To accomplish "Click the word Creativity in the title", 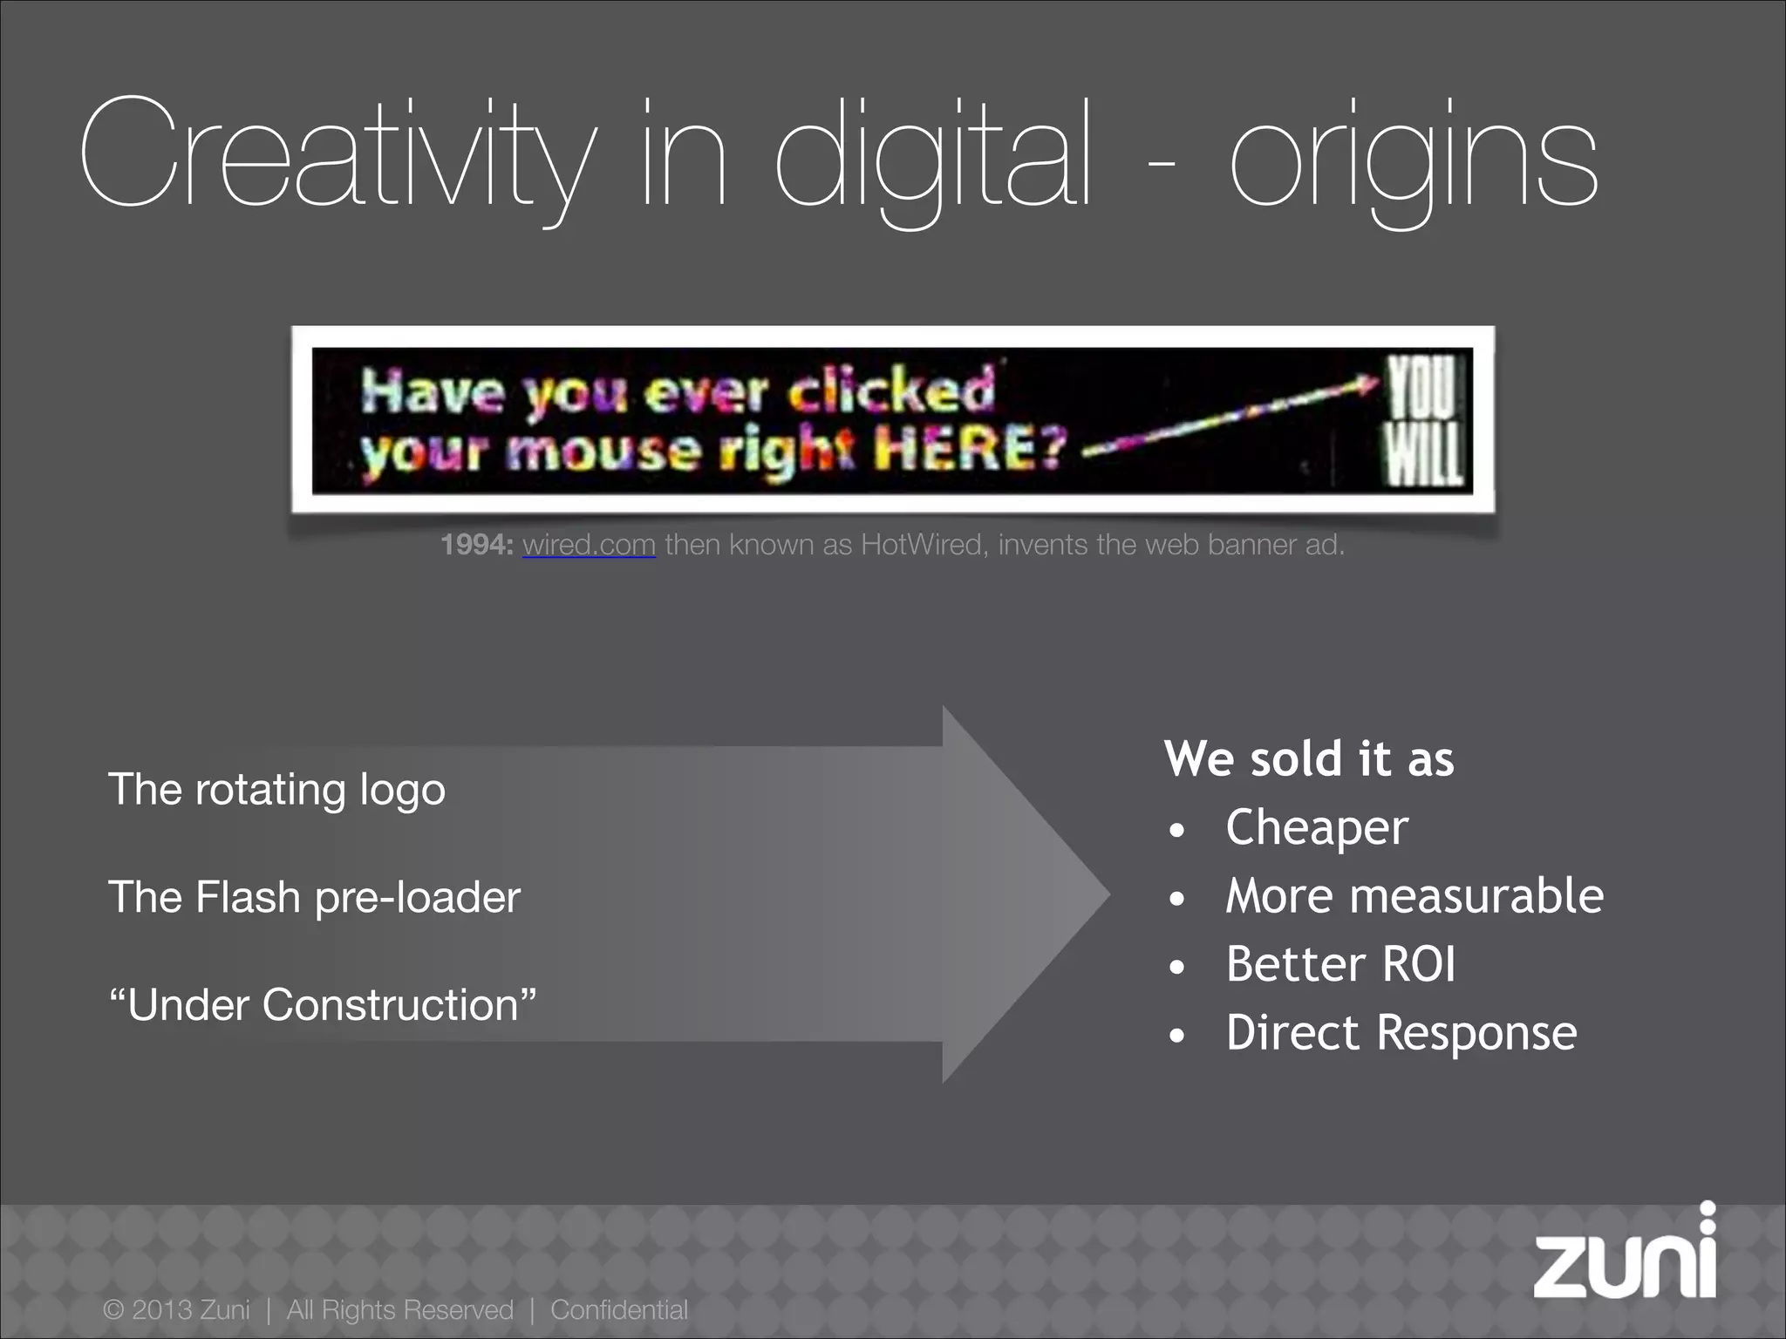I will coord(336,157).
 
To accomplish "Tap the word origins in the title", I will coord(1413,161).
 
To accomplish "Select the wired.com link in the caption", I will coord(589,545).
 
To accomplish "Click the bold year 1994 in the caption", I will coord(476,545).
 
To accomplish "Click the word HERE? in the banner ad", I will coord(971,450).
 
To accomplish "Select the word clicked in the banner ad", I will coord(891,391).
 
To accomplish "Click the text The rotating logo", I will coord(276,790).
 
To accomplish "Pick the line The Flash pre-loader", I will coord(314,897).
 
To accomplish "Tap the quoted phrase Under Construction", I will coord(323,1004).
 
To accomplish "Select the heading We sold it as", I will coord(1308,758).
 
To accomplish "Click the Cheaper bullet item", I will coord(1316,826).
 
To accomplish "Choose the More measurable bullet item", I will coord(1414,895).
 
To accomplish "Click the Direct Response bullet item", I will coord(1401,1033).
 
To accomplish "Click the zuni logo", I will coord(1624,1260).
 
